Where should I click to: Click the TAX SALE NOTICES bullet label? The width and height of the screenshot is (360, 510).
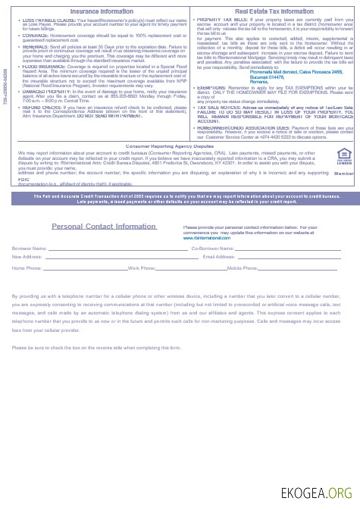pyautogui.click(x=215, y=107)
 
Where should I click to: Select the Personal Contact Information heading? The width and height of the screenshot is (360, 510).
pyautogui.click(x=104, y=227)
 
